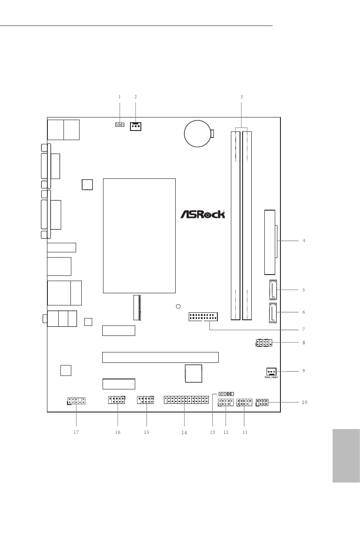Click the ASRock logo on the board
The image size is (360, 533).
click(203, 214)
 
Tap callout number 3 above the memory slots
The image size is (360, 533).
click(241, 97)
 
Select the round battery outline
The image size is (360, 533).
click(197, 134)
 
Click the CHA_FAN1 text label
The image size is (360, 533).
click(271, 377)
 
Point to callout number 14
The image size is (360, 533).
click(184, 432)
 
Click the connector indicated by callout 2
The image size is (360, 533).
click(136, 126)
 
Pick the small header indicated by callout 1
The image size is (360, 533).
click(120, 124)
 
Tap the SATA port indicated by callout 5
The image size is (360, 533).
click(273, 290)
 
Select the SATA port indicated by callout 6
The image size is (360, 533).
click(273, 313)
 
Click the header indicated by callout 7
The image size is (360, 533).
click(203, 317)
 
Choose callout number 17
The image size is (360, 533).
click(76, 432)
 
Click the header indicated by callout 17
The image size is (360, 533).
click(77, 401)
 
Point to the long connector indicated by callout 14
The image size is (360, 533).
click(186, 400)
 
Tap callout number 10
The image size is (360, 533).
click(304, 402)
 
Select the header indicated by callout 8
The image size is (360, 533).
click(264, 343)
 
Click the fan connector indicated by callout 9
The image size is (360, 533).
click(271, 372)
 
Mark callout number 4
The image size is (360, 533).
click(304, 241)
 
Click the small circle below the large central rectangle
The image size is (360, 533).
click(178, 306)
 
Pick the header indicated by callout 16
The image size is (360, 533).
click(117, 400)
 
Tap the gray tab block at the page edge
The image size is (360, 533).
click(346, 456)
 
